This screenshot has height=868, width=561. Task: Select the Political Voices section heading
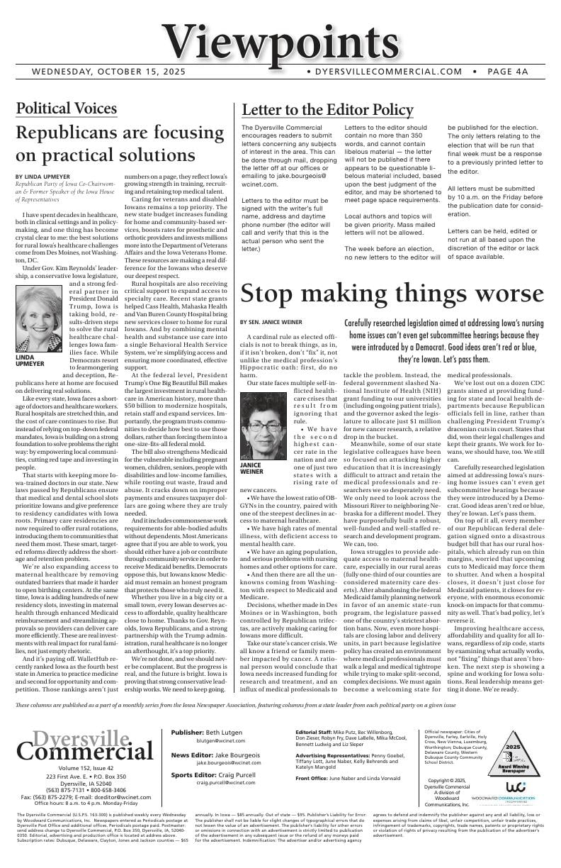point(66,108)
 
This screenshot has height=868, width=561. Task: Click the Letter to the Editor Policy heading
point(327,110)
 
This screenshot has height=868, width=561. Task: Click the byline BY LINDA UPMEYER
point(42,176)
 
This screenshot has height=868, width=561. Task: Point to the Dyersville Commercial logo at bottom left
point(74,745)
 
